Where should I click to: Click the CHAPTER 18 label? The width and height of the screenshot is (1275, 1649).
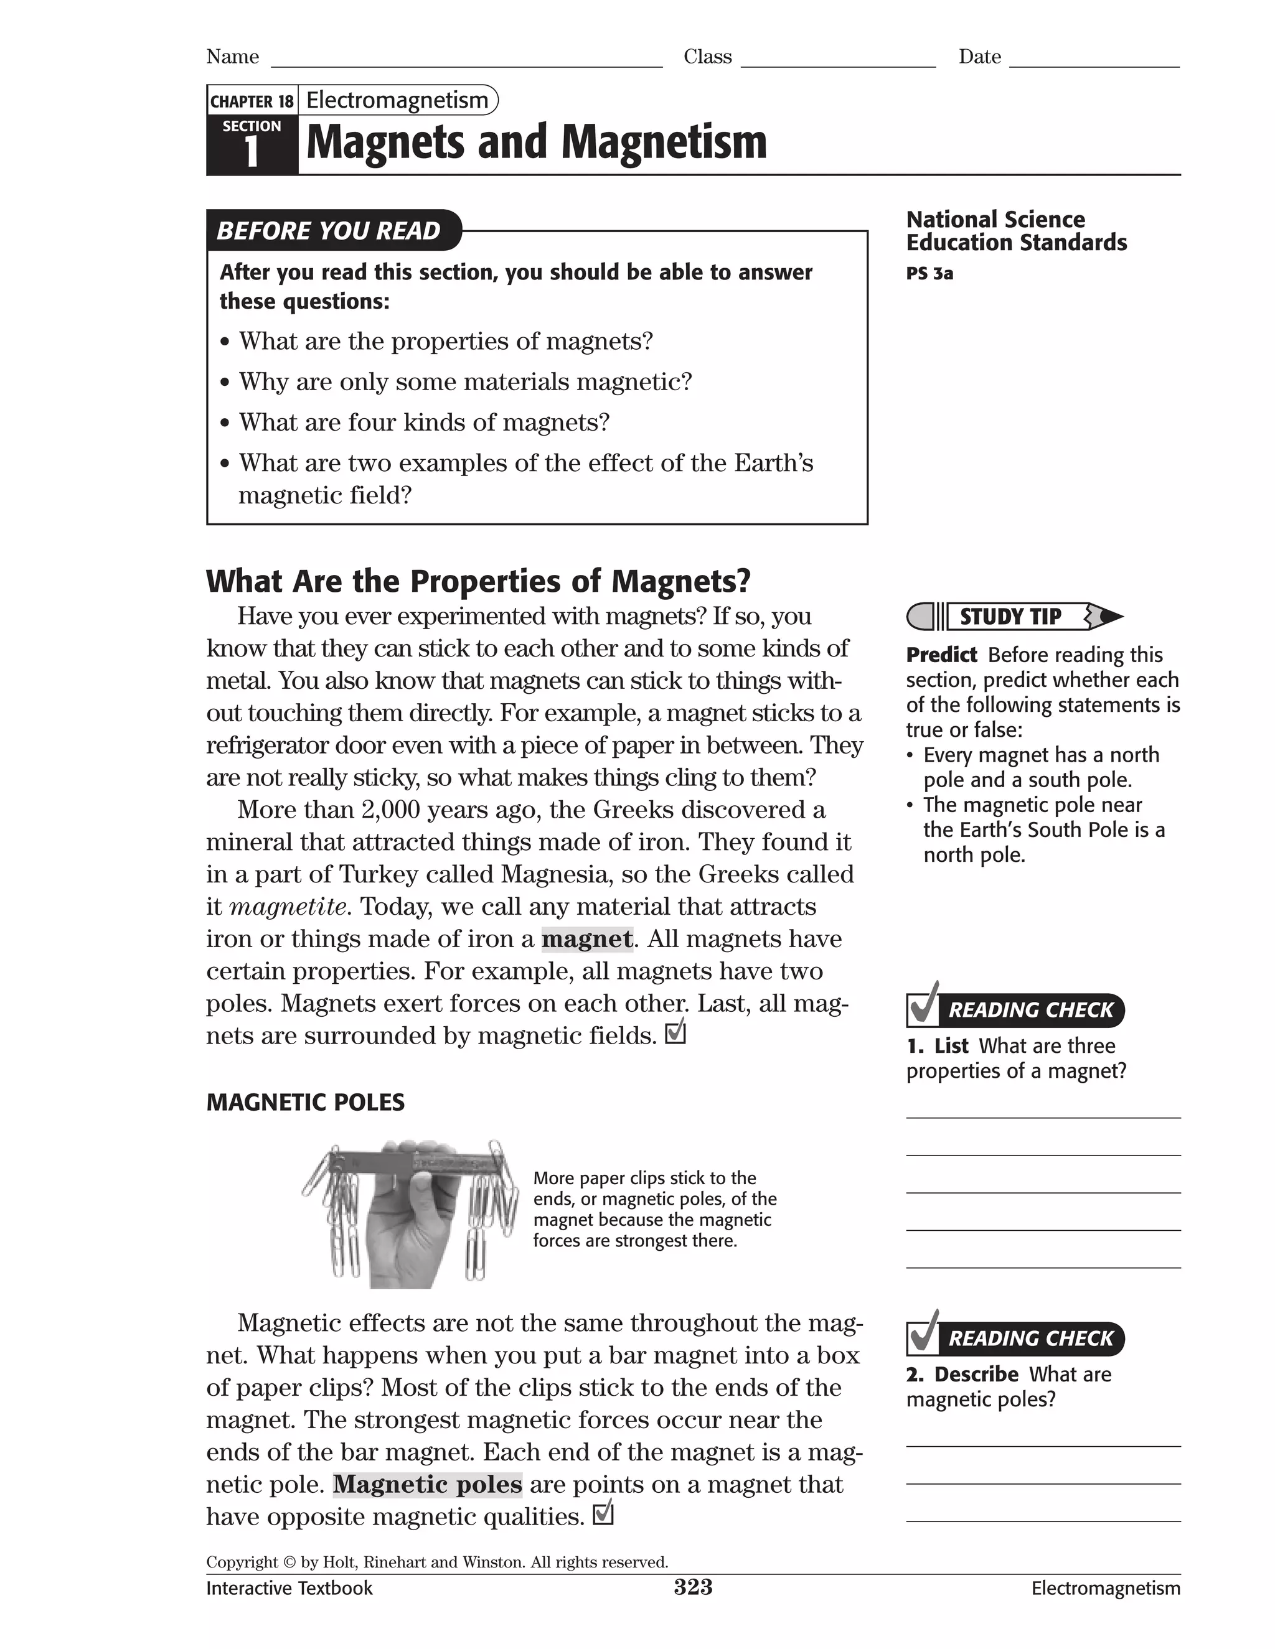coord(252,101)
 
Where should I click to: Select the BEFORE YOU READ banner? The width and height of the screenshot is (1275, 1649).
coord(329,230)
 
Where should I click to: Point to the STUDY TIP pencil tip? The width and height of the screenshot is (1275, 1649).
coord(1111,617)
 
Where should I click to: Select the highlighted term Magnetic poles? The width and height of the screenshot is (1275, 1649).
coord(428,1484)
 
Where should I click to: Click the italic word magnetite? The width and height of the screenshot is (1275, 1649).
coord(288,906)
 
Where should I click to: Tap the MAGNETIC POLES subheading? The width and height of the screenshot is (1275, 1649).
coord(305,1103)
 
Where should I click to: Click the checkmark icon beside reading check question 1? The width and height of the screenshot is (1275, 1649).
coord(923,1005)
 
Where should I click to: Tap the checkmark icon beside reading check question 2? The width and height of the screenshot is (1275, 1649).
coord(923,1334)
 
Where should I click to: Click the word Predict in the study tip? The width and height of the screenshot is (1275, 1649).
coord(941,655)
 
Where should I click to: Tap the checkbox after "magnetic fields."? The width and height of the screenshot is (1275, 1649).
coord(675,1032)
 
